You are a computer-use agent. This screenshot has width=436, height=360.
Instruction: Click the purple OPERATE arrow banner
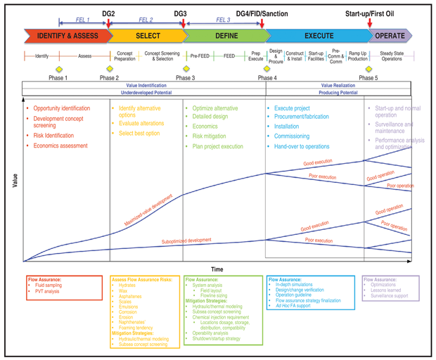click(x=390, y=36)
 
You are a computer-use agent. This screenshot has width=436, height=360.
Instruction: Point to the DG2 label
click(x=109, y=13)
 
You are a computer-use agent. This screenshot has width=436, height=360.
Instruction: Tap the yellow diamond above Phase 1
click(x=59, y=69)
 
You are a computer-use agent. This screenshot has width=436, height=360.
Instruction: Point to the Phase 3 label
click(x=186, y=78)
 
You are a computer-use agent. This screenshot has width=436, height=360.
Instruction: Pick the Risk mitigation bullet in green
click(x=209, y=136)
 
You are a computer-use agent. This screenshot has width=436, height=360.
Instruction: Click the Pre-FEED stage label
click(x=200, y=56)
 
